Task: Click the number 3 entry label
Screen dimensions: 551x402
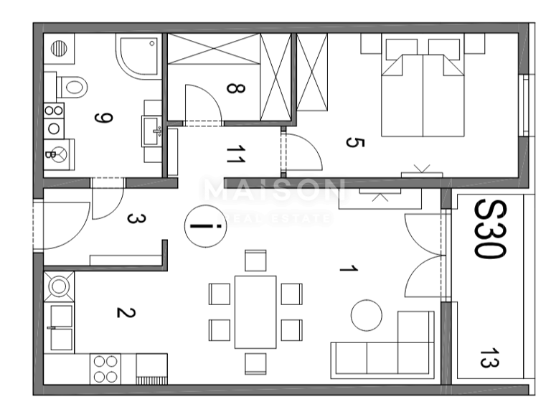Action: tap(132, 218)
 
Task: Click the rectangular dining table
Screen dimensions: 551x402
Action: tap(255, 312)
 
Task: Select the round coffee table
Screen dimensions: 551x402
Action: tap(367, 316)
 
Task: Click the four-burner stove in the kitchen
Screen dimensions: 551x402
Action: tap(106, 369)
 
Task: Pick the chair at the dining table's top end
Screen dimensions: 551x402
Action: tap(255, 261)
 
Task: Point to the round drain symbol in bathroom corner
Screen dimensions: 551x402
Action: tap(60, 48)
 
